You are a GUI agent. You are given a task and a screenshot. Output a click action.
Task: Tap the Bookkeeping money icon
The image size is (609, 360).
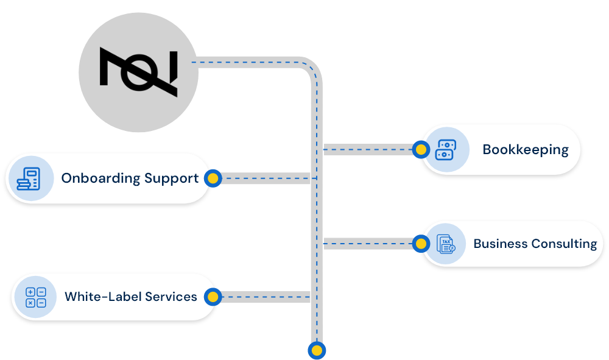click(445, 150)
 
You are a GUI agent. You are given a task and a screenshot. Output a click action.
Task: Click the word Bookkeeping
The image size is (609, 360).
click(525, 150)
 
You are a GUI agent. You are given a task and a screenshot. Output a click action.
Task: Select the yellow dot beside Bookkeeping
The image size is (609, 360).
click(420, 149)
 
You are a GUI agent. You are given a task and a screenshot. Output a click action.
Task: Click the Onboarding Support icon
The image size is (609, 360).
click(29, 178)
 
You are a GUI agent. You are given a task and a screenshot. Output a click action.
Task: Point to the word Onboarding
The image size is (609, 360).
click(100, 178)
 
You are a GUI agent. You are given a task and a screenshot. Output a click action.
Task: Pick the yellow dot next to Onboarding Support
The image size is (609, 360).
click(212, 178)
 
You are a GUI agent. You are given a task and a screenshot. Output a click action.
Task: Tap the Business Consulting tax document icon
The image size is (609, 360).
click(445, 244)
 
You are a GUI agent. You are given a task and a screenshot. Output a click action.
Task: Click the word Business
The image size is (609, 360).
click(500, 244)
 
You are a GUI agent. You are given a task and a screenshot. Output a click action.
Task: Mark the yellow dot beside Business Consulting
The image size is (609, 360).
click(420, 244)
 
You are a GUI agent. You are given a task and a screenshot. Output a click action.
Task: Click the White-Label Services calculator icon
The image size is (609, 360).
click(35, 297)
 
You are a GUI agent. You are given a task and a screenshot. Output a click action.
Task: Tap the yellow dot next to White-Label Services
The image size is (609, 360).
click(212, 297)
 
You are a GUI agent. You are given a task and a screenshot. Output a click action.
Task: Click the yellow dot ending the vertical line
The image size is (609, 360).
click(317, 350)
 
